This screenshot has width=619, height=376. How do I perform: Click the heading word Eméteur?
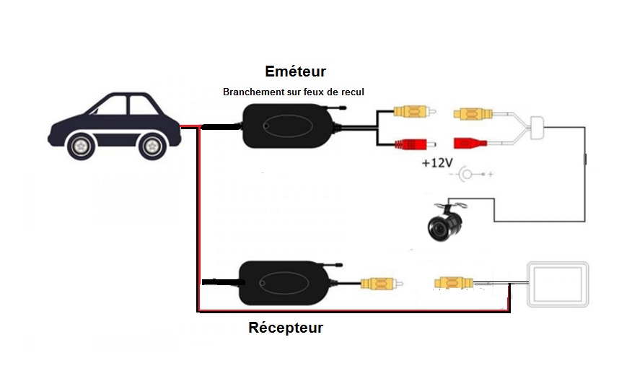tap(295, 71)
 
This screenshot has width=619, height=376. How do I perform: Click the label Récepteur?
tap(286, 328)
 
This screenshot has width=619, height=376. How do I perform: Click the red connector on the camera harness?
tap(470, 142)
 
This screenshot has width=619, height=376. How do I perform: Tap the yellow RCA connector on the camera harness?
tap(472, 113)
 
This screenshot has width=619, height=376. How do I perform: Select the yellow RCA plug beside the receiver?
tap(377, 284)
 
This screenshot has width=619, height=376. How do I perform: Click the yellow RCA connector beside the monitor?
tap(453, 282)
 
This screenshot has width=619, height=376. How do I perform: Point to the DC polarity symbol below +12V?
tap(471, 175)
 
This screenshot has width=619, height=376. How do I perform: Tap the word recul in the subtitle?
tap(352, 92)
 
